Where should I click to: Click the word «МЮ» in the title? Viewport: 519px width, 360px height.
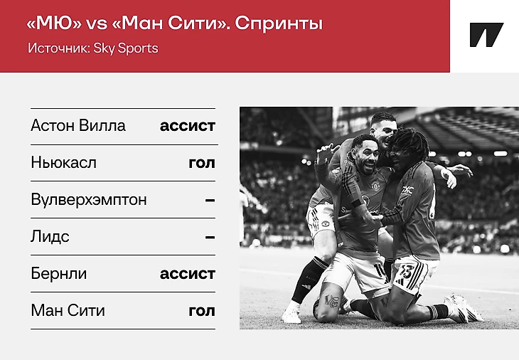tap(54, 23)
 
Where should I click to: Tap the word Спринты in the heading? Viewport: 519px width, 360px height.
tap(279, 24)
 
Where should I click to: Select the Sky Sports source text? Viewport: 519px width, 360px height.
tap(126, 48)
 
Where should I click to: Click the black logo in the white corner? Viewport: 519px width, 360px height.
tap(486, 35)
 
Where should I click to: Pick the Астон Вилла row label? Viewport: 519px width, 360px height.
tap(78, 125)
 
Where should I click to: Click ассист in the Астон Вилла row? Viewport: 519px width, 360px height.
tap(188, 126)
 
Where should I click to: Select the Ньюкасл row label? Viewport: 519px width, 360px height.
tap(63, 163)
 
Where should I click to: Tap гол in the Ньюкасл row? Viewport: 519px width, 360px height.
tap(202, 163)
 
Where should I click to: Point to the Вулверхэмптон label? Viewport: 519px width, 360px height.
tap(89, 200)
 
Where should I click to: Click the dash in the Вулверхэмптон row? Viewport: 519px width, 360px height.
tap(210, 201)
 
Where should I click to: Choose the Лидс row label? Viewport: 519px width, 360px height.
tap(50, 237)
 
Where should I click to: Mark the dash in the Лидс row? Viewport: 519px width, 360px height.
tap(210, 238)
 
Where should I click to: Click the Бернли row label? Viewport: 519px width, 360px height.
tap(59, 274)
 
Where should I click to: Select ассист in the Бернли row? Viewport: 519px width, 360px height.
tap(188, 274)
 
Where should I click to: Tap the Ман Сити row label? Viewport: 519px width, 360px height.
tap(68, 311)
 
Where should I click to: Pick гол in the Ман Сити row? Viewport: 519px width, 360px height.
tap(202, 311)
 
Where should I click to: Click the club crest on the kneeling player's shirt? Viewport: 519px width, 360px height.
tap(375, 186)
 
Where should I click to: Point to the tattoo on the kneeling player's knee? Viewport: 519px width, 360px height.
tap(332, 301)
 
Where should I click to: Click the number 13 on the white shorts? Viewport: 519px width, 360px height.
tap(406, 272)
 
